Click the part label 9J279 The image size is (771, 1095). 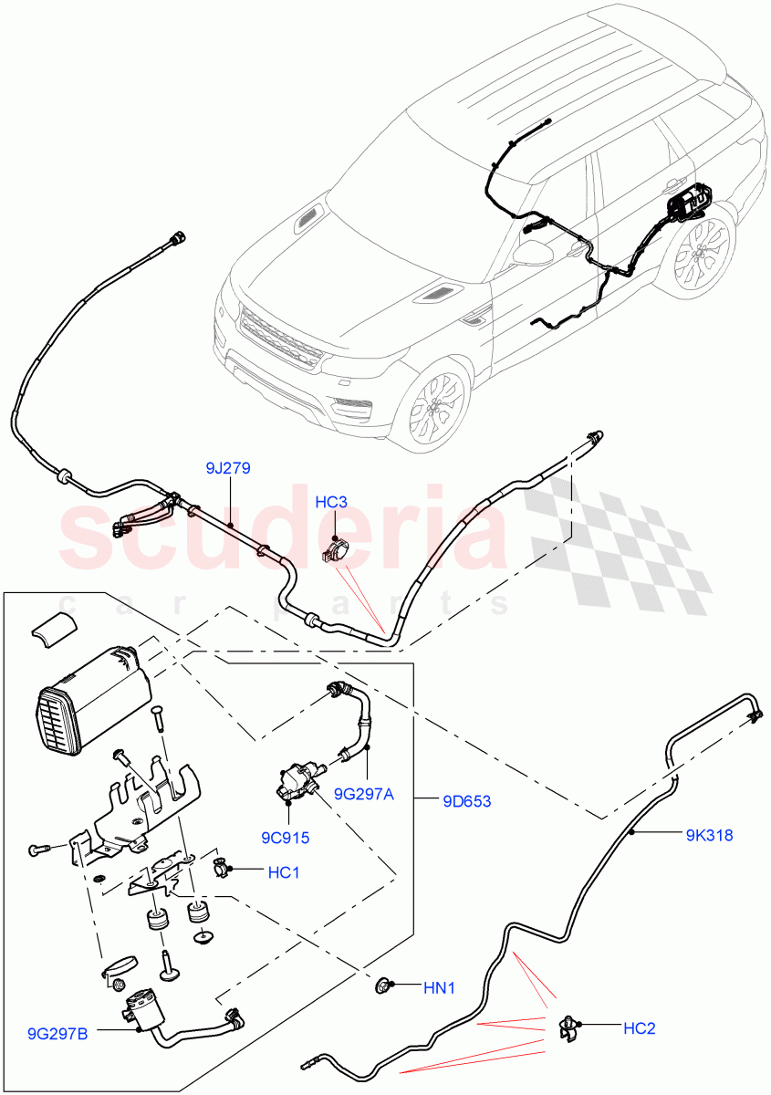pos(228,469)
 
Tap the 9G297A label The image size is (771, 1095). pos(363,794)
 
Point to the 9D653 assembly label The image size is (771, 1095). pos(466,802)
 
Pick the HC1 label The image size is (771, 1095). pos(284,873)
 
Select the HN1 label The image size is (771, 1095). pos(439,987)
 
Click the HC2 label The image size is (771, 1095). pos(639,1028)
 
